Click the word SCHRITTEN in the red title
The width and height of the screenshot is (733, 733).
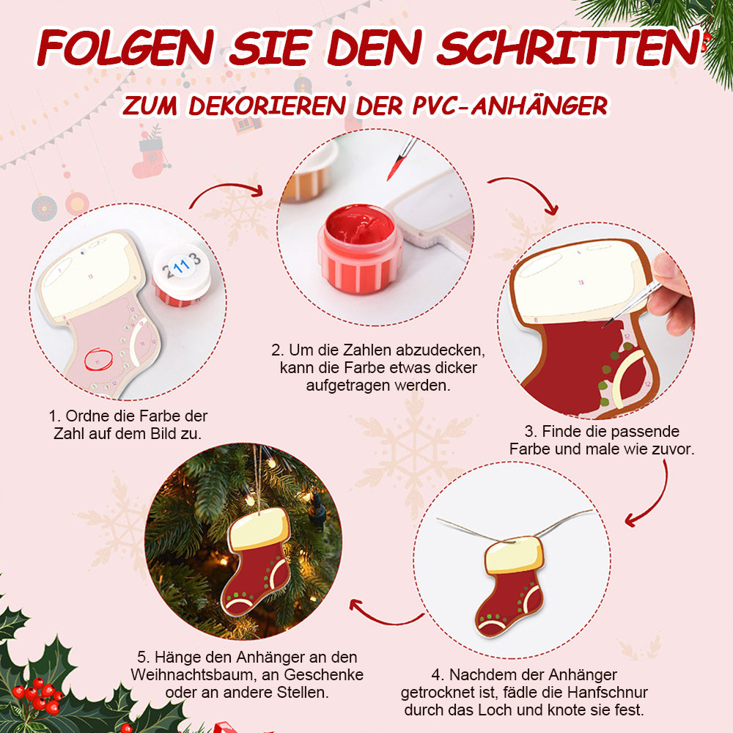point(569,47)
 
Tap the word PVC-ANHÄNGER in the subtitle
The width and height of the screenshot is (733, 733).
point(510,105)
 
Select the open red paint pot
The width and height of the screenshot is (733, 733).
point(360,248)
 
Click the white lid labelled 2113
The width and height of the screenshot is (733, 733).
point(182,270)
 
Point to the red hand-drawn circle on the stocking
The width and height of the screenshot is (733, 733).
point(99,359)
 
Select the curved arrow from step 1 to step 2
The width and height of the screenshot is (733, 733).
point(224,187)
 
